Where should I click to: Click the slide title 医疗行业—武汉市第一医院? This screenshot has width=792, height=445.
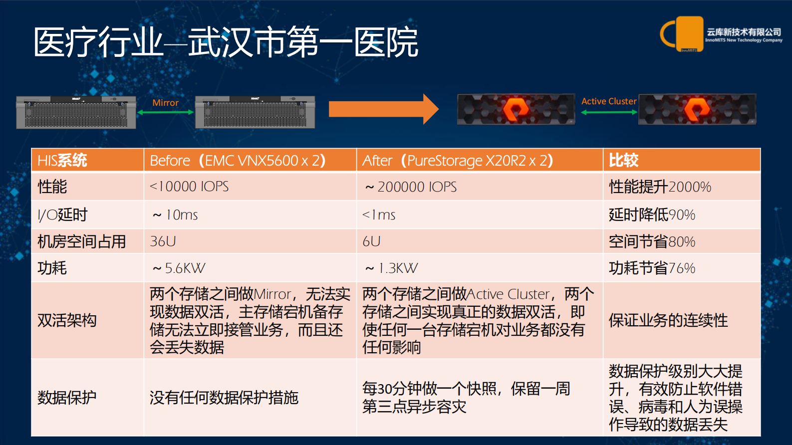coord(226,42)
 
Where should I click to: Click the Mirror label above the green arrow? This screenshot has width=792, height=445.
coord(165,103)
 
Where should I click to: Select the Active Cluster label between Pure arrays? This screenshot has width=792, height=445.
coord(609,101)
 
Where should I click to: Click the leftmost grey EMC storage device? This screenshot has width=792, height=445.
coord(76,112)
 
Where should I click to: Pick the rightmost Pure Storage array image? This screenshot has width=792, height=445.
coord(697,109)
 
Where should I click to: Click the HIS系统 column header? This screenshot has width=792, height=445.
coord(62,161)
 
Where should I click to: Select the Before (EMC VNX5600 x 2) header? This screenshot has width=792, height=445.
coord(238,161)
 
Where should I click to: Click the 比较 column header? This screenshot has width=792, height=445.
coord(624,161)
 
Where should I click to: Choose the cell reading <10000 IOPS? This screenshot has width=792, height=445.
coord(189,187)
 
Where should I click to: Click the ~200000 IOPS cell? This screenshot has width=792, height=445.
coord(411,187)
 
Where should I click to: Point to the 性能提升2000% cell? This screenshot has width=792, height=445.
coord(660,187)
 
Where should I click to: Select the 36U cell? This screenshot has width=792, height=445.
coord(163,241)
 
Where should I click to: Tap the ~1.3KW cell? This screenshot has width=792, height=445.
coord(391,268)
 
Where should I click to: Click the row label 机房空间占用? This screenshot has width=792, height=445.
coord(82,241)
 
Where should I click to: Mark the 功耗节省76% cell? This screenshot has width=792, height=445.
coord(652,268)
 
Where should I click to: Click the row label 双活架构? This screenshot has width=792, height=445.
coord(67,320)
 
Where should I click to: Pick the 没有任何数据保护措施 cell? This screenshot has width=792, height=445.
coord(224,398)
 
